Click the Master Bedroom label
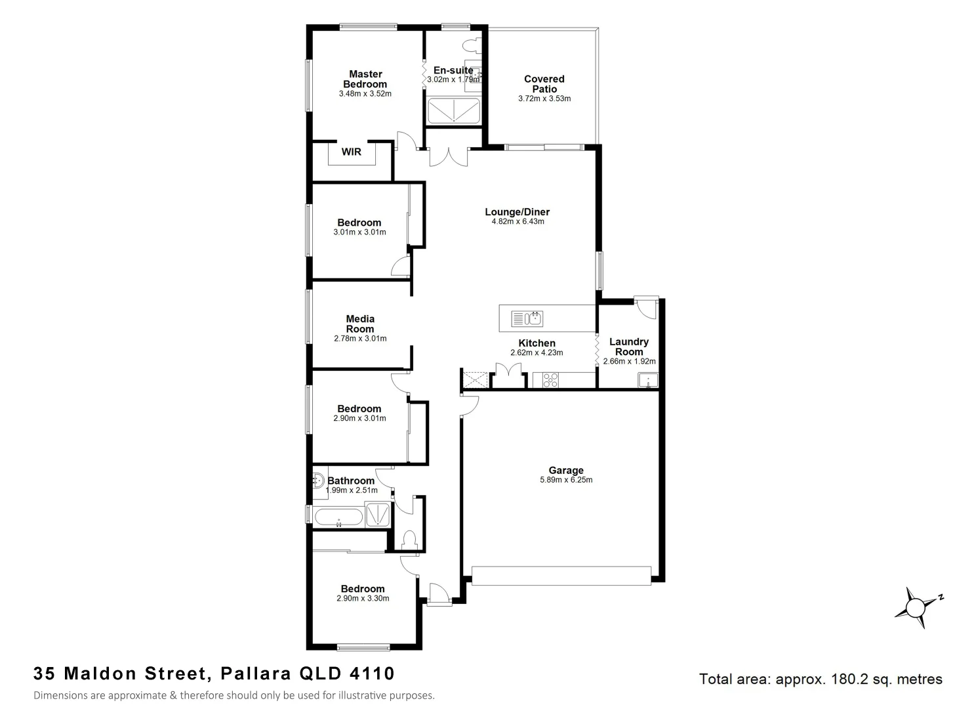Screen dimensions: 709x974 [365, 79]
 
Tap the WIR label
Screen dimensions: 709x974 [352, 152]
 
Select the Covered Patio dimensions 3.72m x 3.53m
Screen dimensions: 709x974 [544, 99]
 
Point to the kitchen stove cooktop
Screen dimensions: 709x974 [550, 379]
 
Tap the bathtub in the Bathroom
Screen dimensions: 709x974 [338, 517]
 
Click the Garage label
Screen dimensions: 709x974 [566, 470]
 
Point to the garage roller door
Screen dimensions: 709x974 [561, 575]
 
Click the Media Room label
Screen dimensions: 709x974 [360, 324]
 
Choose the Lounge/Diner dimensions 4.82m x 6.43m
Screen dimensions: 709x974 [517, 222]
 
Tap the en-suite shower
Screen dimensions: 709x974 [453, 112]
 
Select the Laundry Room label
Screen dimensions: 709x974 [628, 347]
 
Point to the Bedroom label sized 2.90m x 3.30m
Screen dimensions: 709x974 [363, 589]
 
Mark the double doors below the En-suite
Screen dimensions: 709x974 [449, 157]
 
